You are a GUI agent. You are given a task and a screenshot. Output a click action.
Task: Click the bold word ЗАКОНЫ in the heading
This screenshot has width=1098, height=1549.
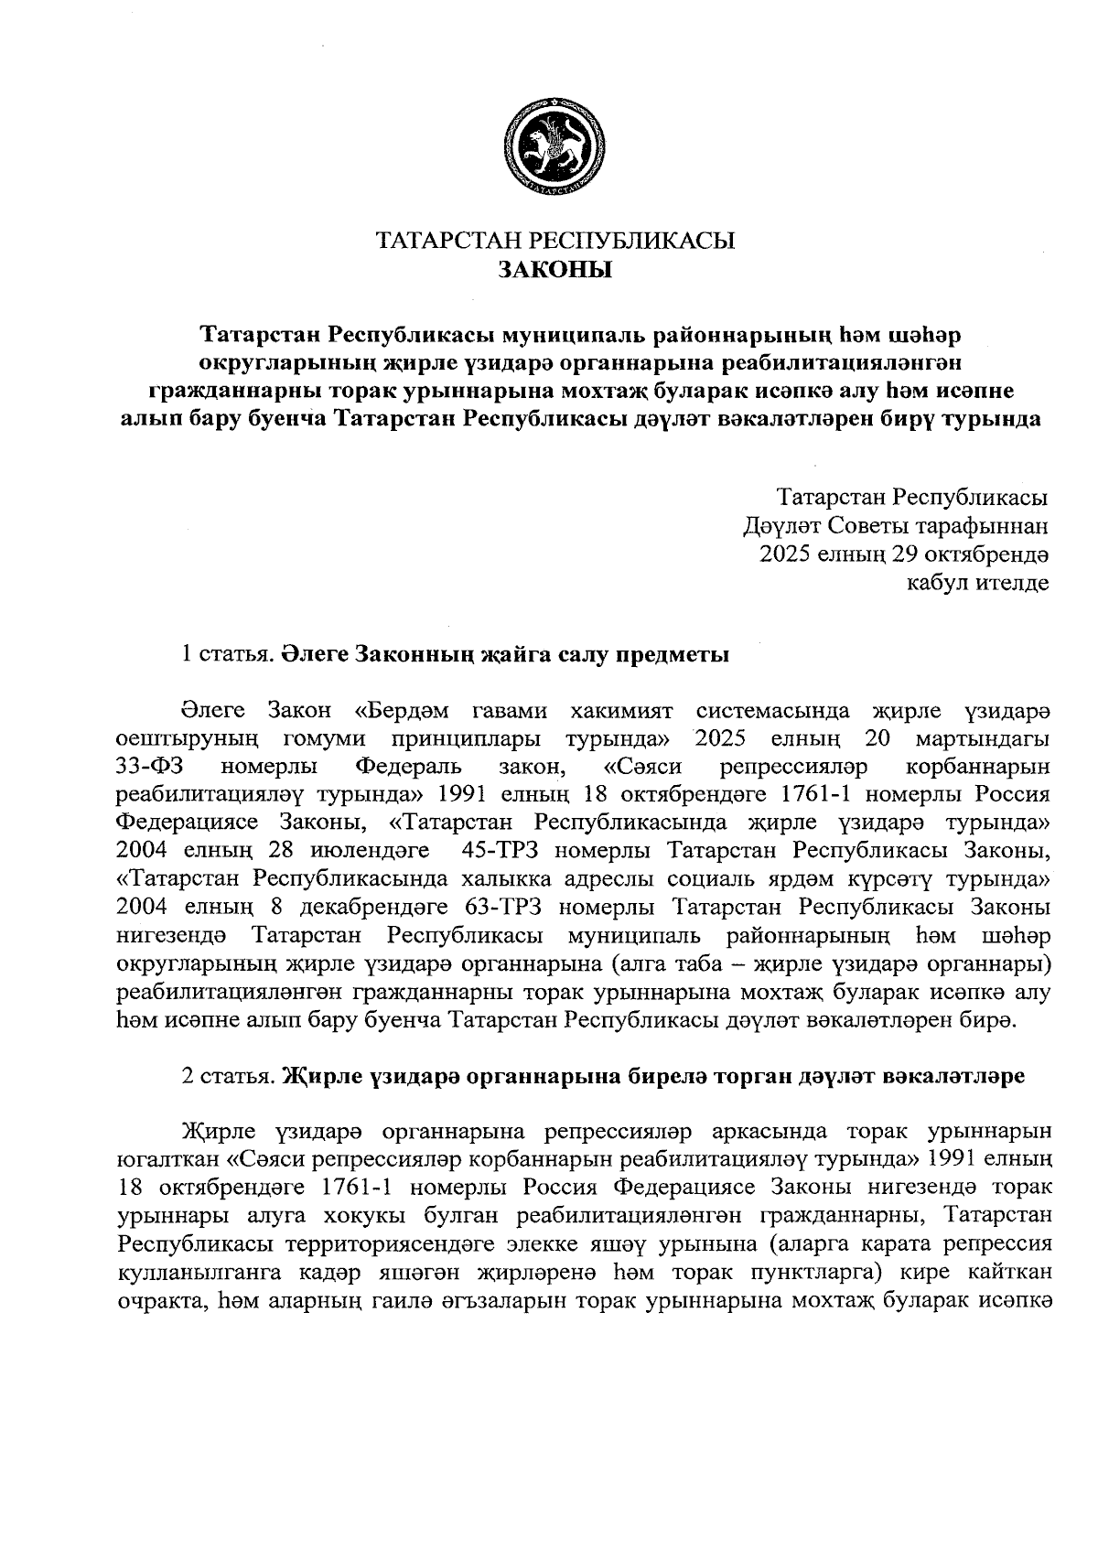pyautogui.click(x=554, y=270)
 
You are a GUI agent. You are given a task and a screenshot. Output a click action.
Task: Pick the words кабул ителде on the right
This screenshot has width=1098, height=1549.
pyautogui.click(x=977, y=583)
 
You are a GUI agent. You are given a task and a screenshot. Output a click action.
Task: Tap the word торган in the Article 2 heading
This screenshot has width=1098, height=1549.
pyautogui.click(x=765, y=1076)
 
